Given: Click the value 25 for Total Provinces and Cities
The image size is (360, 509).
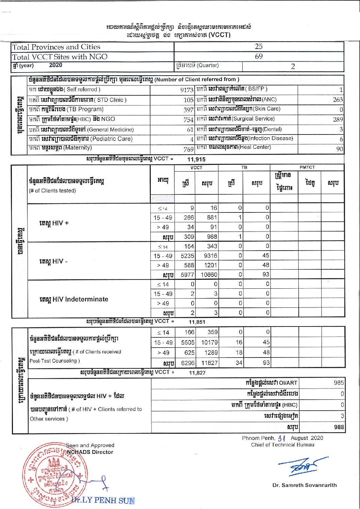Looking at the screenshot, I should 259,46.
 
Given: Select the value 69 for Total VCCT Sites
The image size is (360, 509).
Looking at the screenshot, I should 259,56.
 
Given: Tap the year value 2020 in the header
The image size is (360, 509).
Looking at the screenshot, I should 55,65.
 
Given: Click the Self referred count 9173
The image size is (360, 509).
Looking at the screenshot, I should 187,90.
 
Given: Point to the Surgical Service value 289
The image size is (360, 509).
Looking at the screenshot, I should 338,120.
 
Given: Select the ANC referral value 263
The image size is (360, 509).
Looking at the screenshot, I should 338,100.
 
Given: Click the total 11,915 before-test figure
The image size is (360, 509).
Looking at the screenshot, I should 196,159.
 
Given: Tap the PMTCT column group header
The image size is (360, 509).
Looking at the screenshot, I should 307,167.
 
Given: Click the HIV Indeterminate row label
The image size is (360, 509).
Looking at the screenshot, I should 74,299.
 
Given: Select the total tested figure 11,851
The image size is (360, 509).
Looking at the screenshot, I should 197,322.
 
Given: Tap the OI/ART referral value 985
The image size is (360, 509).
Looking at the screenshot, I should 339,383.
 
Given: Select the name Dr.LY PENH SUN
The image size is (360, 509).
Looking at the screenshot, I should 103,500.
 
